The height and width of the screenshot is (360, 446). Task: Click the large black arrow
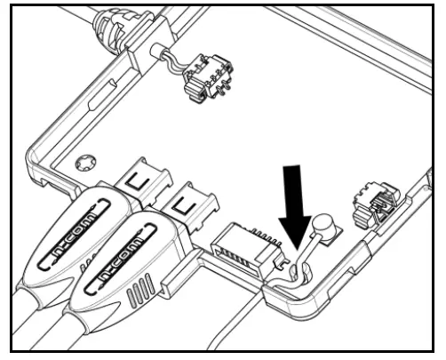(297, 200)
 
